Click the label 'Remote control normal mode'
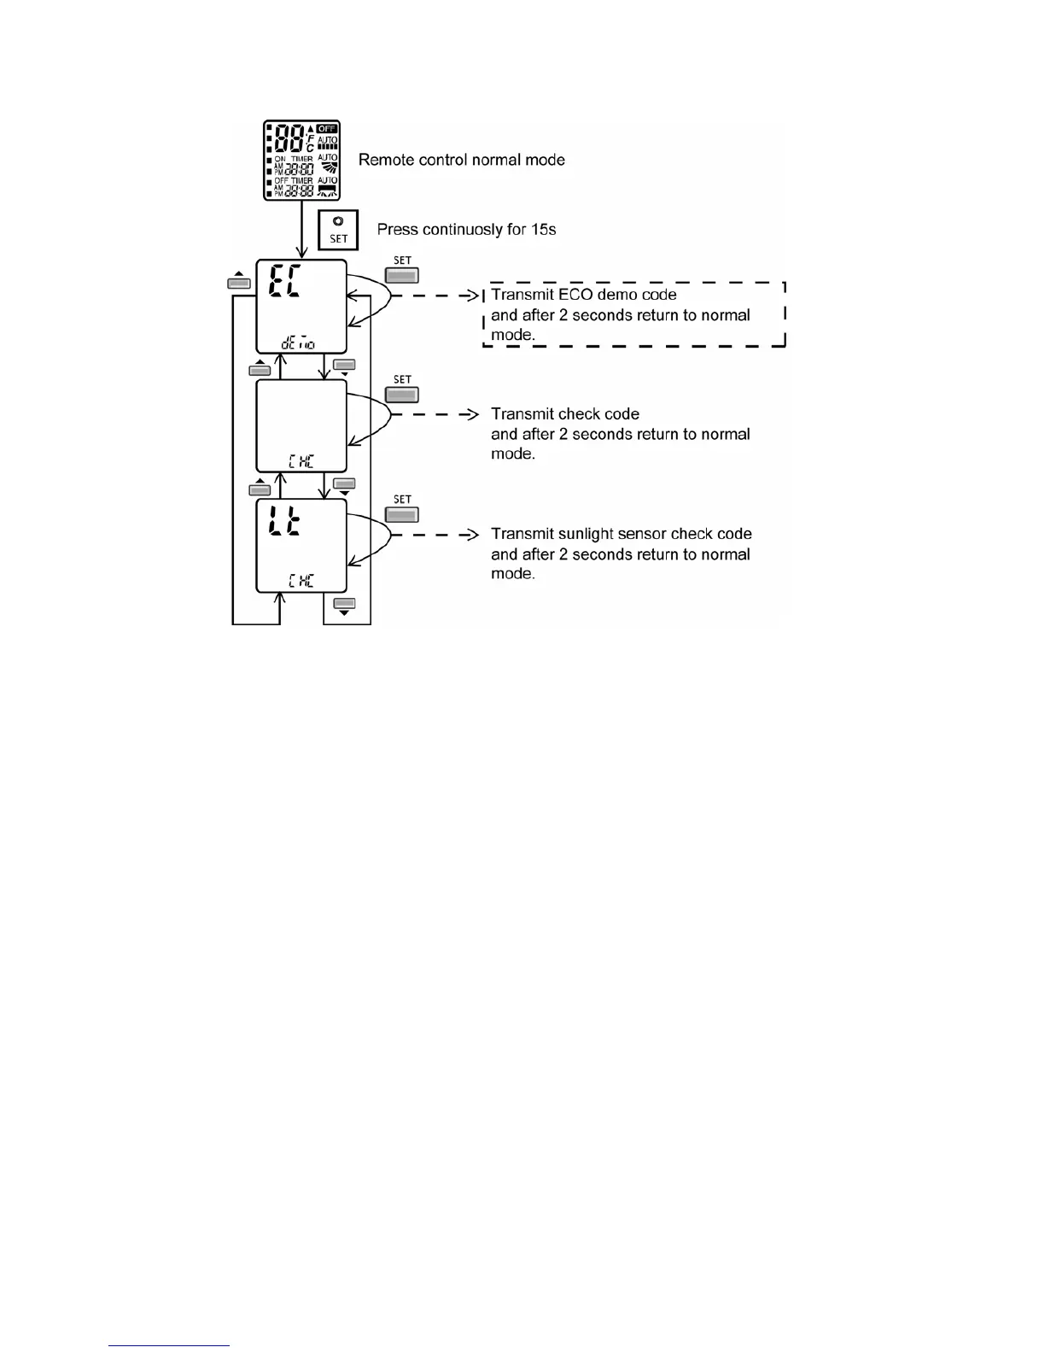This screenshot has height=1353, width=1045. point(461,160)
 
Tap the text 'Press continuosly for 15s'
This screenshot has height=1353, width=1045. point(466,229)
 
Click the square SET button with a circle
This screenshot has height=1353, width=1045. point(338,230)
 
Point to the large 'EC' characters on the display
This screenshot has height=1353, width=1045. point(285,281)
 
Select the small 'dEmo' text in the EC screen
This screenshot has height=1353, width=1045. point(298,343)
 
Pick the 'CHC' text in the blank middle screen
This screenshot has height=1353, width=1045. point(301,461)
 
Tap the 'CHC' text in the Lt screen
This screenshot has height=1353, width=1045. point(301,581)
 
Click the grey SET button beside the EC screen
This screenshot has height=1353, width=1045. point(402,276)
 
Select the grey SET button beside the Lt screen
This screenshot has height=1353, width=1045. point(402,515)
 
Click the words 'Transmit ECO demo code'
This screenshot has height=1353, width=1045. point(584,295)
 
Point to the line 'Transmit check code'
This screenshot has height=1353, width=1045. point(565,414)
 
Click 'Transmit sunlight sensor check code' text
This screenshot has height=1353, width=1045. point(622,534)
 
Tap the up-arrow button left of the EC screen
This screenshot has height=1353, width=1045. point(239,282)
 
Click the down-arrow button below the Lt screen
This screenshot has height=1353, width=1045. point(344,605)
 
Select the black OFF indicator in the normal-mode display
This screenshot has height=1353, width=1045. point(328,129)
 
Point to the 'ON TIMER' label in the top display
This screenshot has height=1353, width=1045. point(294,159)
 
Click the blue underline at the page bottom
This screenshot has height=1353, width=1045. point(169,1345)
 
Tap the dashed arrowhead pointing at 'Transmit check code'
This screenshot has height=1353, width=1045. point(470,414)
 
